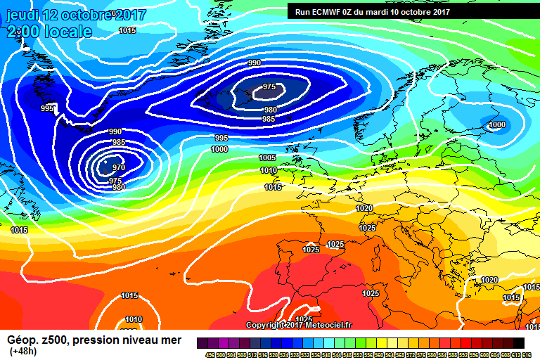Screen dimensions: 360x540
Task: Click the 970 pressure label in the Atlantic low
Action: click(x=119, y=168)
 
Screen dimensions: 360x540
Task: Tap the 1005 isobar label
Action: click(x=267, y=157)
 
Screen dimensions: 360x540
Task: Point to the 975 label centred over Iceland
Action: click(x=269, y=86)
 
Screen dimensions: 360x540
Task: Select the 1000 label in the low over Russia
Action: click(x=496, y=125)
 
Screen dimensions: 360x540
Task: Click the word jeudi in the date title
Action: click(x=20, y=15)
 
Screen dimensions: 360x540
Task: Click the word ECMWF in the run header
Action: click(x=327, y=12)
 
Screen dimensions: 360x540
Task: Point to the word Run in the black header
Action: click(x=302, y=12)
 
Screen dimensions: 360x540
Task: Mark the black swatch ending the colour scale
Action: click(x=518, y=342)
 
